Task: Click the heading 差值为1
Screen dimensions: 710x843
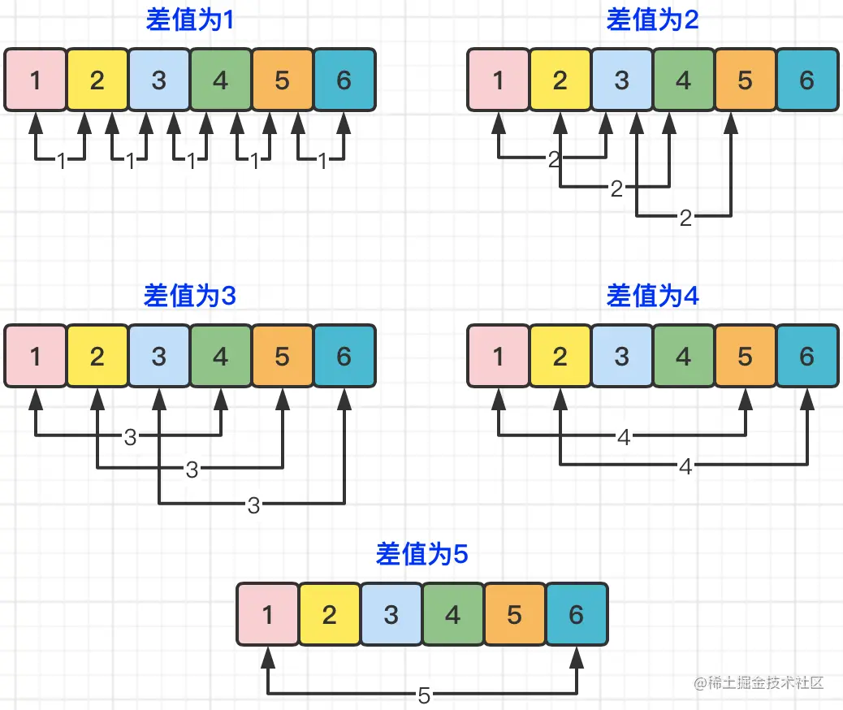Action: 189,19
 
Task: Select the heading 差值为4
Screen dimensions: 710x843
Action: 652,296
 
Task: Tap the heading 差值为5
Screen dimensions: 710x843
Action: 421,555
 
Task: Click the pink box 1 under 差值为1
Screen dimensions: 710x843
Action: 35,80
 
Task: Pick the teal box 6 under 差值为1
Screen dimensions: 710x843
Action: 344,80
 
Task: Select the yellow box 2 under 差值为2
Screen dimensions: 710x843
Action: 560,80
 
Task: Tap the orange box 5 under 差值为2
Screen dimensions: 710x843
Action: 745,80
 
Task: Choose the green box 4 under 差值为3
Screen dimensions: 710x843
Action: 220,356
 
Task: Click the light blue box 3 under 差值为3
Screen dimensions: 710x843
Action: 158,356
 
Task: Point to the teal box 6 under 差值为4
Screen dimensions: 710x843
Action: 806,356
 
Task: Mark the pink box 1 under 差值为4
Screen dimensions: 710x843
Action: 498,356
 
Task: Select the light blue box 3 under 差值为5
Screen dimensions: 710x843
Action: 391,615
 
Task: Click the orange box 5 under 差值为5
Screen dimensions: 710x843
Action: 514,615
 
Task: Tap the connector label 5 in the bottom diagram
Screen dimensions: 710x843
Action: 424,695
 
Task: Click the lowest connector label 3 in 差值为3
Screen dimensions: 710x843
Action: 253,505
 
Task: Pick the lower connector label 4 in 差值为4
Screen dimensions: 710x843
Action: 685,466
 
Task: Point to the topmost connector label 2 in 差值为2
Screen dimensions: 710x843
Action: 554,159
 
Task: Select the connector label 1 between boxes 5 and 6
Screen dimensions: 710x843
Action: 322,161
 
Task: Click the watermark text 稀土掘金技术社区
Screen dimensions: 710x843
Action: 759,682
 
